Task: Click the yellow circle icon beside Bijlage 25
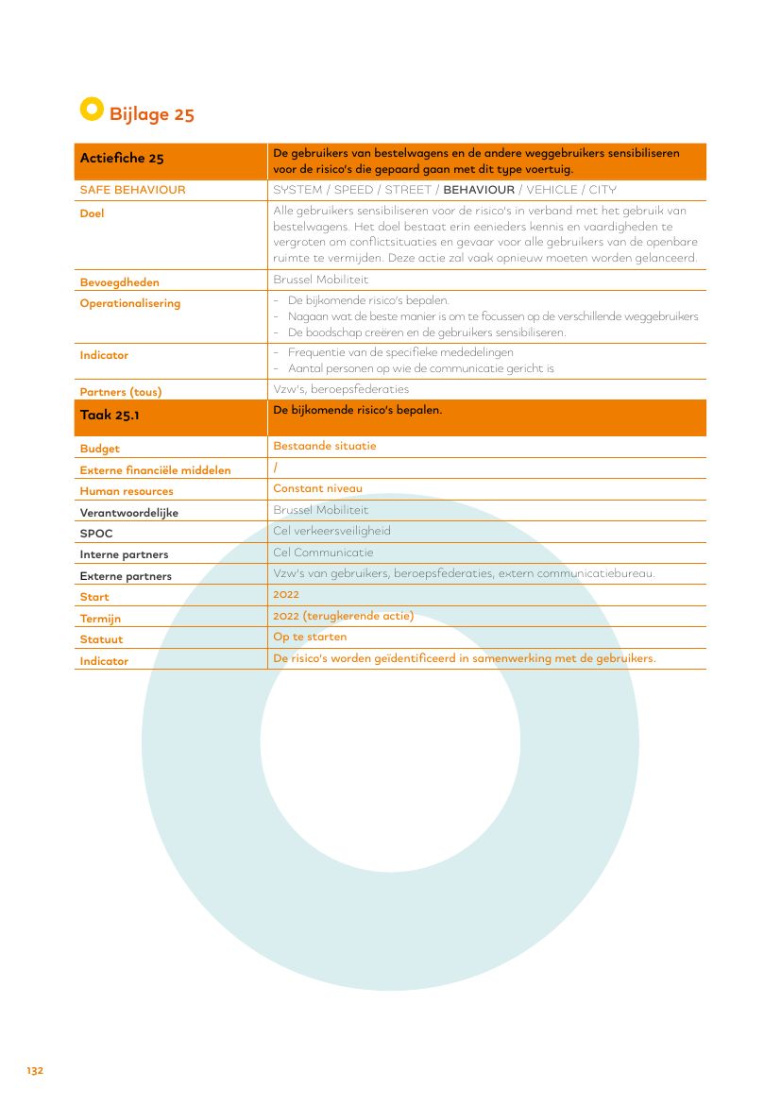click(91, 110)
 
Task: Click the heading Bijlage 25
click(151, 114)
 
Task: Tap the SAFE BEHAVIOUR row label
click(132, 190)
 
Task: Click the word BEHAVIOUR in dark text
click(479, 190)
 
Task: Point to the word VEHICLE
click(552, 190)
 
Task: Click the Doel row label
click(92, 213)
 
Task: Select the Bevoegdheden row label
click(119, 282)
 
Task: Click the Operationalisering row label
click(129, 303)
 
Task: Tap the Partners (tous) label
click(121, 392)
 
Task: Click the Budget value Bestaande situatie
click(324, 446)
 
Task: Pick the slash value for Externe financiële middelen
click(275, 467)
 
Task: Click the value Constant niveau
click(317, 488)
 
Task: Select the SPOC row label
click(96, 534)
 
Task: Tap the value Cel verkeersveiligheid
click(331, 531)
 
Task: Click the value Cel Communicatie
click(323, 552)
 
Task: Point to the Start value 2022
click(285, 595)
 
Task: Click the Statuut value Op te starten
click(310, 637)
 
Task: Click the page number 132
click(35, 1071)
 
